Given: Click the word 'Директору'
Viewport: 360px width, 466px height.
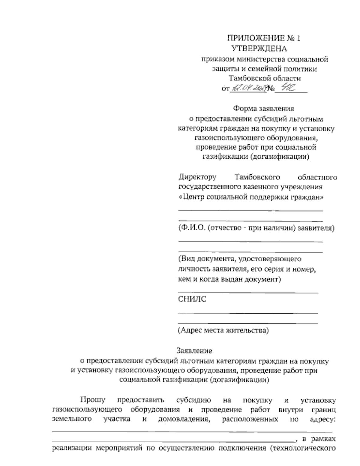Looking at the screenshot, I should tap(197, 177).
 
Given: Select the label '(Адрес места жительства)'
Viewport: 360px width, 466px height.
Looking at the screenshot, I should tap(223, 331).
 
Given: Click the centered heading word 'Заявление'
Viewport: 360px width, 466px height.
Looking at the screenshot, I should tap(194, 350).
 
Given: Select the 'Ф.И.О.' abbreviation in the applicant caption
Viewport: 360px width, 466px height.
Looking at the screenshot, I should tap(192, 228).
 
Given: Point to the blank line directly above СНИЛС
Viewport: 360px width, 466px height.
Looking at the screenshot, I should tap(248, 293).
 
